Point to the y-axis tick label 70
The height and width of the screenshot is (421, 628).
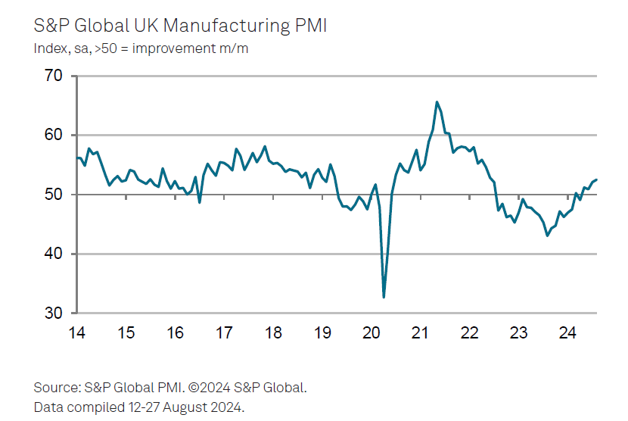click(x=54, y=76)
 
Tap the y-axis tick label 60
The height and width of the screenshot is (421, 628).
click(x=54, y=136)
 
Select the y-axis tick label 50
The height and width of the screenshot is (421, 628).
click(x=54, y=195)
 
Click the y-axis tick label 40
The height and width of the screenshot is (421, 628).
click(x=54, y=254)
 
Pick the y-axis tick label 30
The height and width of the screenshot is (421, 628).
click(x=54, y=313)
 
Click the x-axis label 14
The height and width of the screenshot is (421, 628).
click(x=76, y=332)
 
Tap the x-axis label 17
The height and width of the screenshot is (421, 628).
click(x=224, y=332)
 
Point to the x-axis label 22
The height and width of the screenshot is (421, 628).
click(x=469, y=332)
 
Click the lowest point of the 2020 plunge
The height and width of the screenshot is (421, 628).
click(x=384, y=297)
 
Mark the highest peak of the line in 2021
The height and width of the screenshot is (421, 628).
click(x=437, y=101)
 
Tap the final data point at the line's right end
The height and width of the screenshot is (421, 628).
click(x=597, y=179)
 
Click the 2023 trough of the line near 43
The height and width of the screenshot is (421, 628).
click(x=547, y=235)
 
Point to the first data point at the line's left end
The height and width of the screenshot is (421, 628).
click(x=76, y=157)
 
